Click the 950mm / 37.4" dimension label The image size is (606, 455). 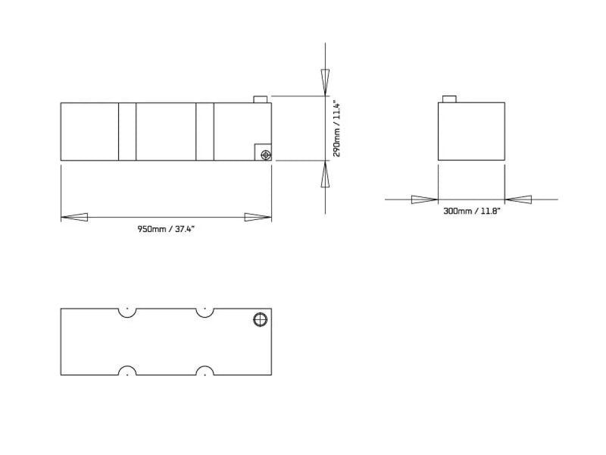coord(166,229)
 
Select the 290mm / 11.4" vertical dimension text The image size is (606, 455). coord(337,129)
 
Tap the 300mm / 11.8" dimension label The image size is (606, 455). coord(471,212)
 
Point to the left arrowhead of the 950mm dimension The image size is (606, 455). coord(74,218)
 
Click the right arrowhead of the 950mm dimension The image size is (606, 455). coord(258,218)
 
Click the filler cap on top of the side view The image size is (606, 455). coord(260,99)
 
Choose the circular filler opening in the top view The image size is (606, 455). coord(260,319)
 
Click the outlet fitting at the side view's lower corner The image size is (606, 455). coord(265,155)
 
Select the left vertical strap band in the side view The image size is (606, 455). coord(127,131)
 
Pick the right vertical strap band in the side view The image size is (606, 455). coord(205,131)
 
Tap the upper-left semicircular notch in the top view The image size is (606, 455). coord(127,312)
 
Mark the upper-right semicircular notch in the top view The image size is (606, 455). coord(203,312)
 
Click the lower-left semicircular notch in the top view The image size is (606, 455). coord(127,372)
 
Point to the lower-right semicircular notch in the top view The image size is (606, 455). coord(203,372)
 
